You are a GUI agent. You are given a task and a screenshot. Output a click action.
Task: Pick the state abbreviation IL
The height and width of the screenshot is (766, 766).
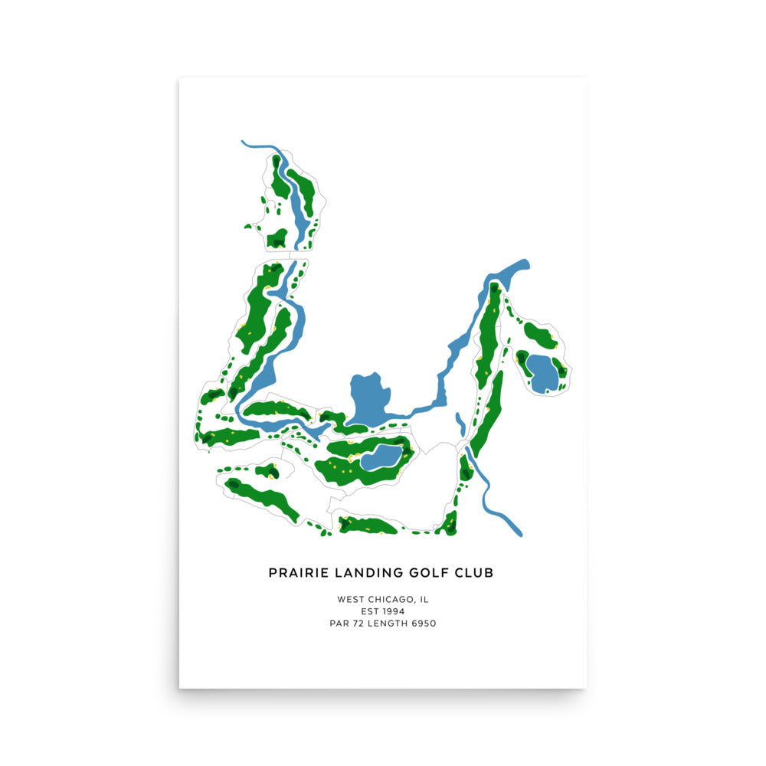click(x=424, y=599)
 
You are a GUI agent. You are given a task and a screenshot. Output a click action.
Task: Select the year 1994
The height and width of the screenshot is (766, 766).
click(x=393, y=611)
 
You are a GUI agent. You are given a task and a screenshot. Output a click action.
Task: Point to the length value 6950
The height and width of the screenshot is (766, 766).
click(x=423, y=624)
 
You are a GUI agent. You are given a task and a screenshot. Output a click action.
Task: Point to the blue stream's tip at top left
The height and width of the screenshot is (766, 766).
click(x=244, y=142)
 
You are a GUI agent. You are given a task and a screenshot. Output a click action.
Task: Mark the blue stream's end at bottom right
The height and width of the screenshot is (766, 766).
click(x=519, y=532)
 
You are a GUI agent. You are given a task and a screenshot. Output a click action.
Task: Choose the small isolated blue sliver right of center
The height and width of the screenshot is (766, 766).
click(x=460, y=424)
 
